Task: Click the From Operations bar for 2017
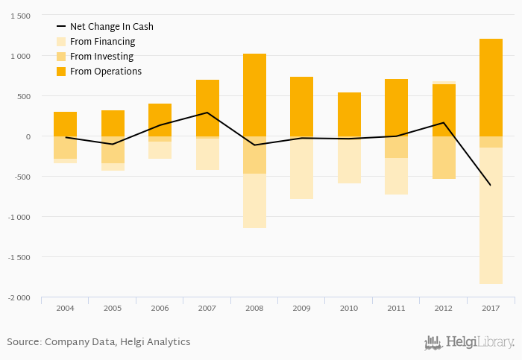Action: tap(491, 87)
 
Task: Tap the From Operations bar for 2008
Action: tap(254, 95)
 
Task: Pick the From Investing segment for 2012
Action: tap(444, 157)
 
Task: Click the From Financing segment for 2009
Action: tap(301, 169)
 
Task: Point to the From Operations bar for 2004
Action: tap(66, 124)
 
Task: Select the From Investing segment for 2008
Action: tap(254, 155)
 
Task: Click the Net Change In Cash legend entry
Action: tap(111, 27)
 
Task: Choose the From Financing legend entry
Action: tap(102, 42)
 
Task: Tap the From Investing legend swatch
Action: tap(62, 57)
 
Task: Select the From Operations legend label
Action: tap(106, 72)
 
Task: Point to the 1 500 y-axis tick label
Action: tap(20, 16)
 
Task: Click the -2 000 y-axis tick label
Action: tap(19, 297)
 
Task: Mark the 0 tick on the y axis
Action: tap(28, 136)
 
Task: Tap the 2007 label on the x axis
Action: tap(207, 307)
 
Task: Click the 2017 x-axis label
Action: tap(491, 307)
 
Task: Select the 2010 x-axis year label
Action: tap(349, 307)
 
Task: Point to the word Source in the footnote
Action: tap(23, 342)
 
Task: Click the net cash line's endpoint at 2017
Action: tap(491, 185)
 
